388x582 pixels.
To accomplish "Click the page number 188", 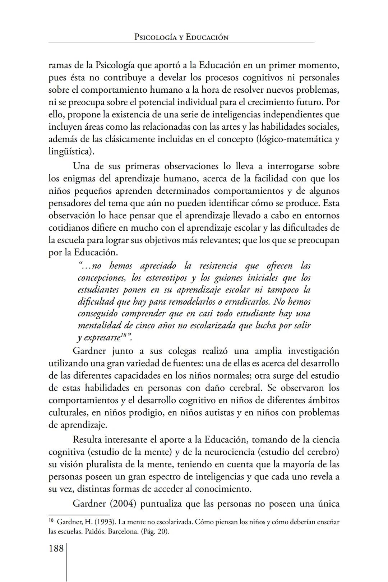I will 56,549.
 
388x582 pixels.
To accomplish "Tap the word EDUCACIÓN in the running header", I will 207,37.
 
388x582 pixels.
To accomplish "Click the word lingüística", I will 70,151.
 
